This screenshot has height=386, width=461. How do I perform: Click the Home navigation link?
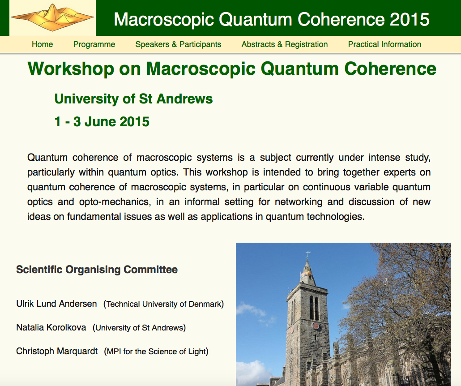point(43,44)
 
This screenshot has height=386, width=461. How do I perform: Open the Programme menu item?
point(94,44)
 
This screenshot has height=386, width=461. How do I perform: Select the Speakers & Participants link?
point(178,44)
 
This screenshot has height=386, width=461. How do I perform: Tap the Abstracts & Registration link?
point(285,44)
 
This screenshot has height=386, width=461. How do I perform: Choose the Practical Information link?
point(384,44)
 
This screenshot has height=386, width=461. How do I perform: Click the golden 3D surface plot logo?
point(52,17)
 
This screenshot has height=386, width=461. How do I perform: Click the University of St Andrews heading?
point(133,99)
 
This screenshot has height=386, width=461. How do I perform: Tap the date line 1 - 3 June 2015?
point(102,122)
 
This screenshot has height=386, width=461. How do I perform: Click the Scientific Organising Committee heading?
point(97,270)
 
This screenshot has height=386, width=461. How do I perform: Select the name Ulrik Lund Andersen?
point(56,304)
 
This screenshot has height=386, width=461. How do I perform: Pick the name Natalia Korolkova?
point(51,327)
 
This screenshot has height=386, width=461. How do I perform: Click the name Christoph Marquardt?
point(57,351)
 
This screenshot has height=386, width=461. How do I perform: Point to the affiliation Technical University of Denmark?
point(163,304)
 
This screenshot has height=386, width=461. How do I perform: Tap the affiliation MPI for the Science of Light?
point(156,352)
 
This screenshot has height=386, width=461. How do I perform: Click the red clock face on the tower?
point(316,326)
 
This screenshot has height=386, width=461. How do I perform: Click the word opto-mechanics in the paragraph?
point(115,202)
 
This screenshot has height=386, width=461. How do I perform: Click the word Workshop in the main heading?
point(71,69)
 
